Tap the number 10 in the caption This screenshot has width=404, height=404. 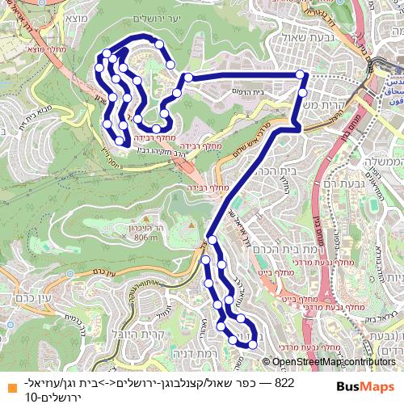coord(32,397)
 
